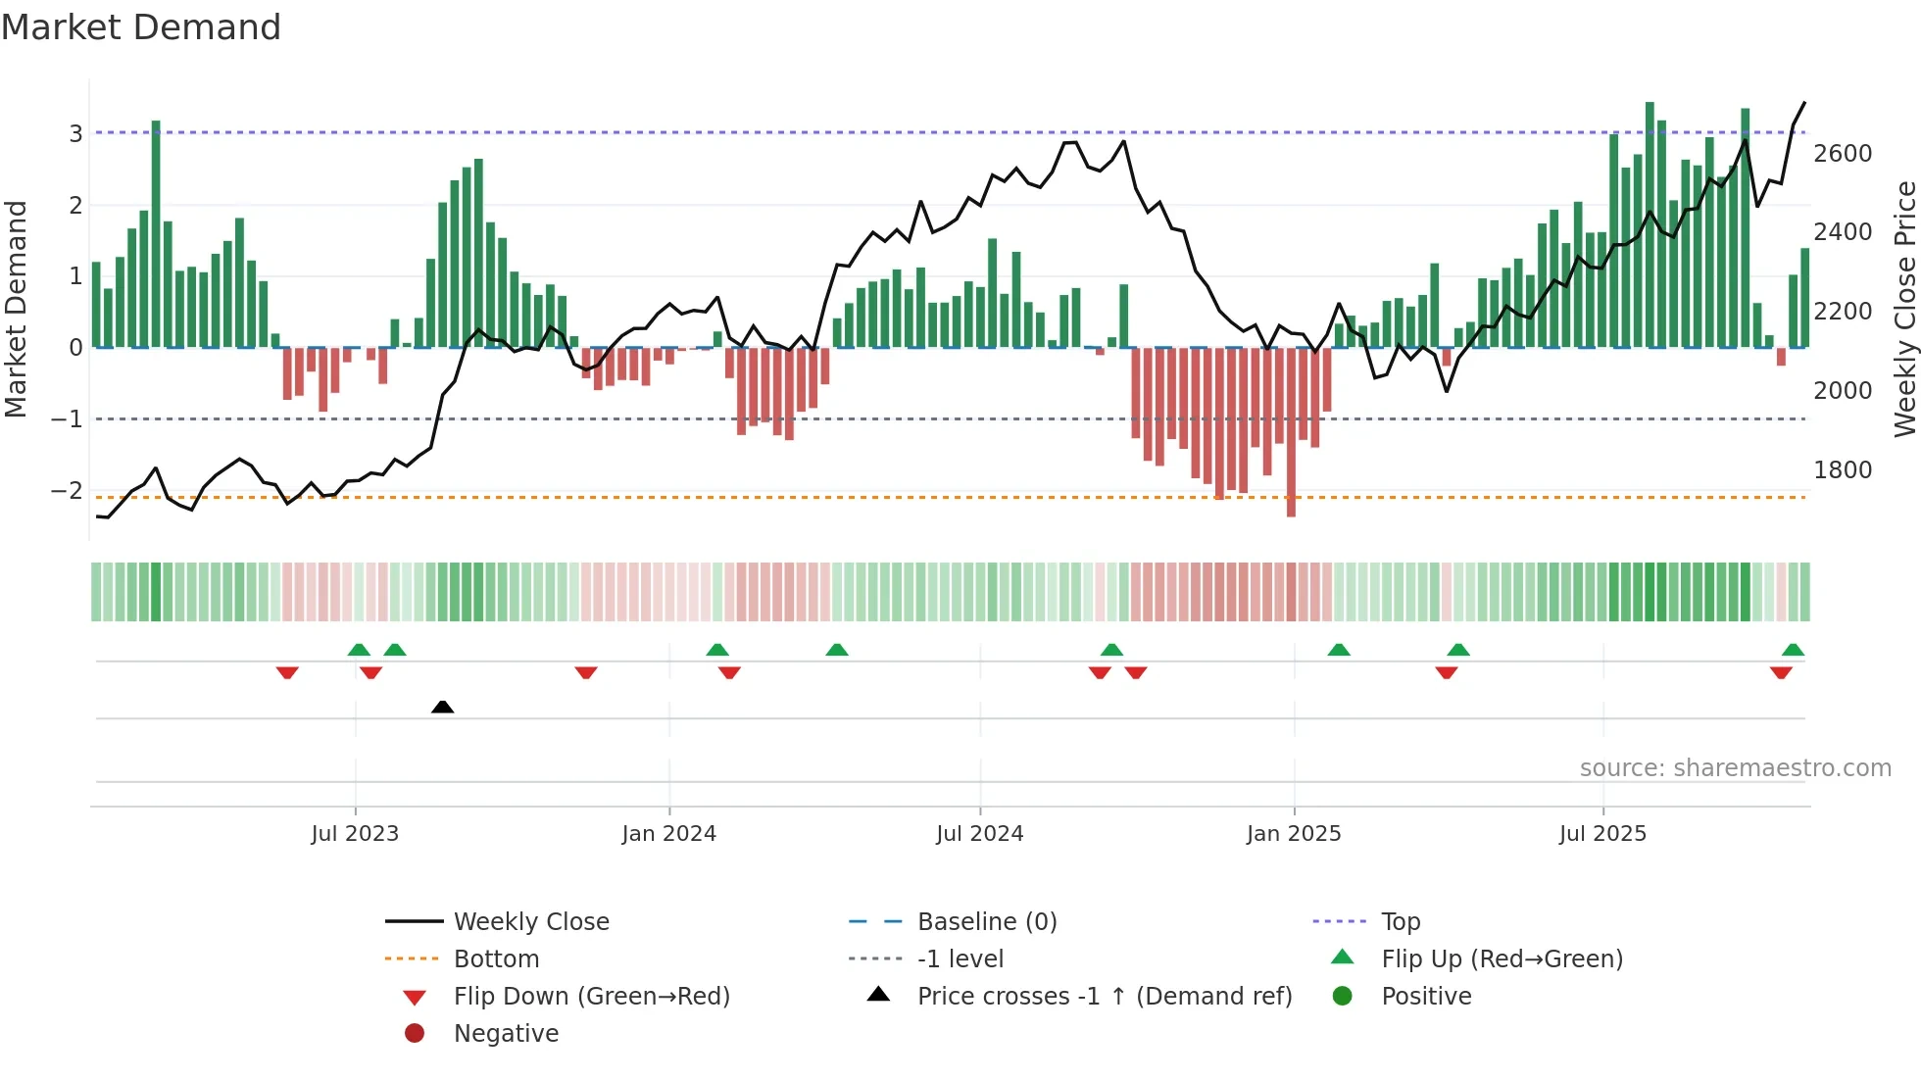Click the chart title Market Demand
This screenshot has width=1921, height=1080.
click(141, 27)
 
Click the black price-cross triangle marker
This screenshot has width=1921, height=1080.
click(442, 707)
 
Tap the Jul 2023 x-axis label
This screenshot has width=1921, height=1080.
click(355, 834)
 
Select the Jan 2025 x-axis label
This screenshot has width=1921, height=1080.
click(1293, 834)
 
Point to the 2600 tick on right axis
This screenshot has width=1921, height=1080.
click(1843, 154)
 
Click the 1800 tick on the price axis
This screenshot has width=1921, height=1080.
click(1843, 470)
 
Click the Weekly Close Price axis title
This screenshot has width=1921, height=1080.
click(1904, 309)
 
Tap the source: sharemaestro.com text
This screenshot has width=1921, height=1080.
click(1735, 768)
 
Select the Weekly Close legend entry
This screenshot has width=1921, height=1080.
click(530, 922)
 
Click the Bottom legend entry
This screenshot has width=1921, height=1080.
click(496, 959)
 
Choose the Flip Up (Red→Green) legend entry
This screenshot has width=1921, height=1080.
click(1502, 959)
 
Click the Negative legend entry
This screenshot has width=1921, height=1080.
click(506, 1034)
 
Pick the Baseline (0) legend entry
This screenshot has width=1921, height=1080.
click(986, 922)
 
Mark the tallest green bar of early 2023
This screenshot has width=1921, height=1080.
click(156, 235)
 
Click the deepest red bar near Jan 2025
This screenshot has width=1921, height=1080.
click(1291, 431)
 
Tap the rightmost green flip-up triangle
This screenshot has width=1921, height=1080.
click(1793, 650)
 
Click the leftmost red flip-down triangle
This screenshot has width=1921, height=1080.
click(287, 672)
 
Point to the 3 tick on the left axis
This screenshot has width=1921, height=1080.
click(75, 133)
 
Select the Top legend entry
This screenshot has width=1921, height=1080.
click(1400, 922)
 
